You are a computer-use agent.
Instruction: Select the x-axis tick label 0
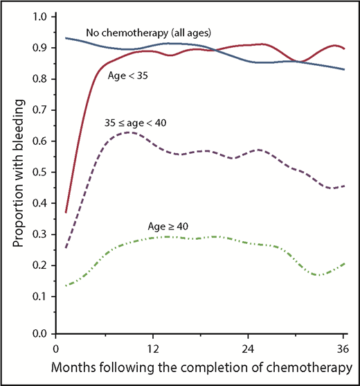(55, 348)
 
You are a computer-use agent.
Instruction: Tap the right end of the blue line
(343, 69)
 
